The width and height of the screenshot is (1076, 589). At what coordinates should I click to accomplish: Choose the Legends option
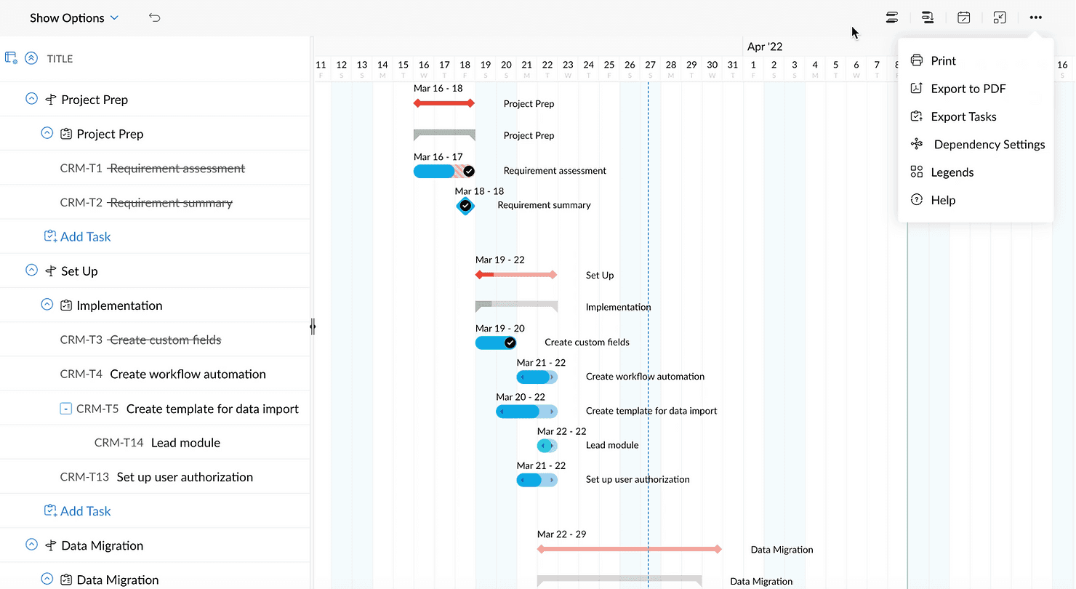952,172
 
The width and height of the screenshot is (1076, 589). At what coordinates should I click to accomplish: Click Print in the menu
943,61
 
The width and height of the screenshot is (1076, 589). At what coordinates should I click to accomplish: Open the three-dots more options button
1036,17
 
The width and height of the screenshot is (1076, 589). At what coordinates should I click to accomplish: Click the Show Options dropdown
73,18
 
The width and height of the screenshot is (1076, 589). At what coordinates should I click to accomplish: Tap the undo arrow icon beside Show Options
154,17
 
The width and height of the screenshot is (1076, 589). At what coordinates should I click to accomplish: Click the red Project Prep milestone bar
444,103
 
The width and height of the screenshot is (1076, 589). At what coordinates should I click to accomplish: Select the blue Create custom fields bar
494,342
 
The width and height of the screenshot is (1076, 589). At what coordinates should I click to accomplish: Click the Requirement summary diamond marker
465,206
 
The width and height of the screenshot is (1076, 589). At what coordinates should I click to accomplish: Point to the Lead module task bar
547,445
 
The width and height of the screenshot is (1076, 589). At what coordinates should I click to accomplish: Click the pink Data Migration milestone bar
629,550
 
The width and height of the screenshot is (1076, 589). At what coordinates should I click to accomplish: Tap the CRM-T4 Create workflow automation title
188,374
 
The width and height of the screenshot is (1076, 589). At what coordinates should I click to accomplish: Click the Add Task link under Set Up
85,511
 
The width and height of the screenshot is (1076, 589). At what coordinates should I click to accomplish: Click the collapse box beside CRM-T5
65,409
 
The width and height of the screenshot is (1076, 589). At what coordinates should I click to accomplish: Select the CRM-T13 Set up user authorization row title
185,477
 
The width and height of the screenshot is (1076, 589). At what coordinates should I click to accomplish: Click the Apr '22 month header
765,47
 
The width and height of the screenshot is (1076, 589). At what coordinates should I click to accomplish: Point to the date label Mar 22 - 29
561,534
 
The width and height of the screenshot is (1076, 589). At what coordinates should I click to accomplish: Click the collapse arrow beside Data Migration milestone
31,545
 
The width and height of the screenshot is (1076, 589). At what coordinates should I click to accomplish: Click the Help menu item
942,200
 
